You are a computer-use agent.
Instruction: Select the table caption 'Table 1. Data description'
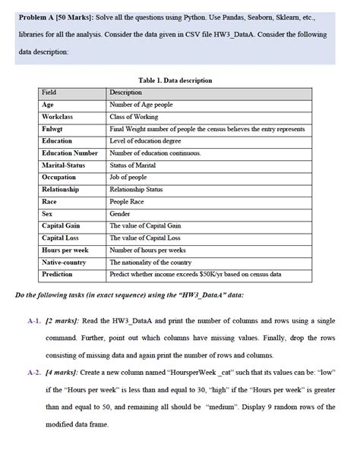[175, 80]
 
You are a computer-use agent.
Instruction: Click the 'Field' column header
[49, 92]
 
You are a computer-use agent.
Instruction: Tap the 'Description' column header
[126, 92]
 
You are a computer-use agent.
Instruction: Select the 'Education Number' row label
[70, 153]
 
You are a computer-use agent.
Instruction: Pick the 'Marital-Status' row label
[64, 165]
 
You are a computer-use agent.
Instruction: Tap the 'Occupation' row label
[58, 177]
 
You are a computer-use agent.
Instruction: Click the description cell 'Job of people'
[129, 177]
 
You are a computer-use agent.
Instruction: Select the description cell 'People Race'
[128, 201]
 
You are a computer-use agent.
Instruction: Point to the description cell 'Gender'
[121, 213]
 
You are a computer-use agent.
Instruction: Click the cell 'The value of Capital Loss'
[145, 238]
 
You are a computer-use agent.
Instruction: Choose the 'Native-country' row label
[64, 262]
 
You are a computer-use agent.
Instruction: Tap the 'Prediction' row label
[58, 274]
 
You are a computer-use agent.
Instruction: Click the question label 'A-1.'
[33, 322]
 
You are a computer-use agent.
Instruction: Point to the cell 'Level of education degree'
[146, 140]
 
